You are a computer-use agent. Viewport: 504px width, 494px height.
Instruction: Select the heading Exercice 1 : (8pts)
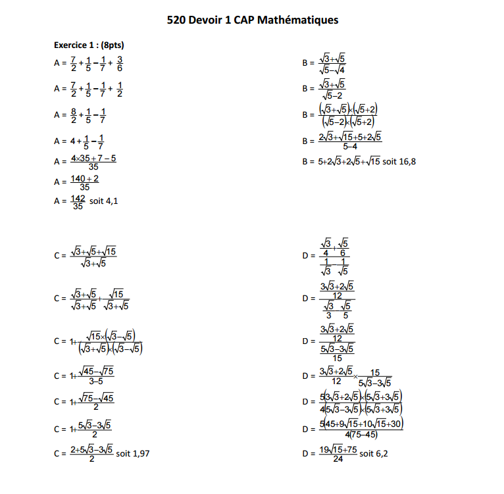coord(89,45)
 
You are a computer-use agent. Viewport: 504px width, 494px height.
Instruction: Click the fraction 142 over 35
coord(78,201)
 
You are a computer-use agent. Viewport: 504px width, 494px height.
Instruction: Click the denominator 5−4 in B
coord(350,146)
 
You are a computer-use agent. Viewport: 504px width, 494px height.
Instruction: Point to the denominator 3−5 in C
coord(95,380)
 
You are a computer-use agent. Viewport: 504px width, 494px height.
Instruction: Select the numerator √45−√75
coord(96,371)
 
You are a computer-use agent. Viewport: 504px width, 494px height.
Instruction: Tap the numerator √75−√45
coord(96,397)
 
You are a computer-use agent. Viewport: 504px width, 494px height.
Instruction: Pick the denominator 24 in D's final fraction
coord(338,458)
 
